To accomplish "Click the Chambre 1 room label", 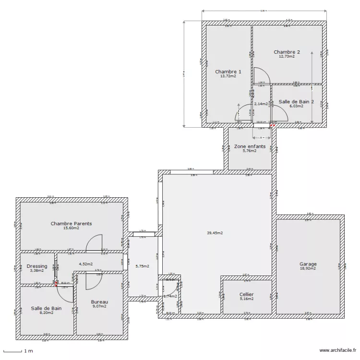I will [x=228, y=72].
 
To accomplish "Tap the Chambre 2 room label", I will [x=287, y=52].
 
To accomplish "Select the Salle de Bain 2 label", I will [x=296, y=102].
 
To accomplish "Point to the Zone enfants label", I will [x=250, y=146].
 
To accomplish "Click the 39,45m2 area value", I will [x=215, y=233].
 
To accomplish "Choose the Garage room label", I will [x=308, y=264].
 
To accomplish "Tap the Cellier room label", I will [x=246, y=294].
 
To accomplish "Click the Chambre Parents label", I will [x=71, y=223].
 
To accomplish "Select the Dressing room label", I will [x=37, y=266].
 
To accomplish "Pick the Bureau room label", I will [x=99, y=302].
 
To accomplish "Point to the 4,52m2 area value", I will [x=86, y=264].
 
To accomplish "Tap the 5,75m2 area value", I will [x=143, y=266].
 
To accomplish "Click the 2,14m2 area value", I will [x=261, y=104].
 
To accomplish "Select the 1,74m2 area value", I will [x=170, y=297].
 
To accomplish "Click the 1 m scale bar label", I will [x=28, y=351].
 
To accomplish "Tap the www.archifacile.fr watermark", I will [x=334, y=351].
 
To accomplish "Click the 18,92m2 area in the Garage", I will [x=308, y=269].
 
